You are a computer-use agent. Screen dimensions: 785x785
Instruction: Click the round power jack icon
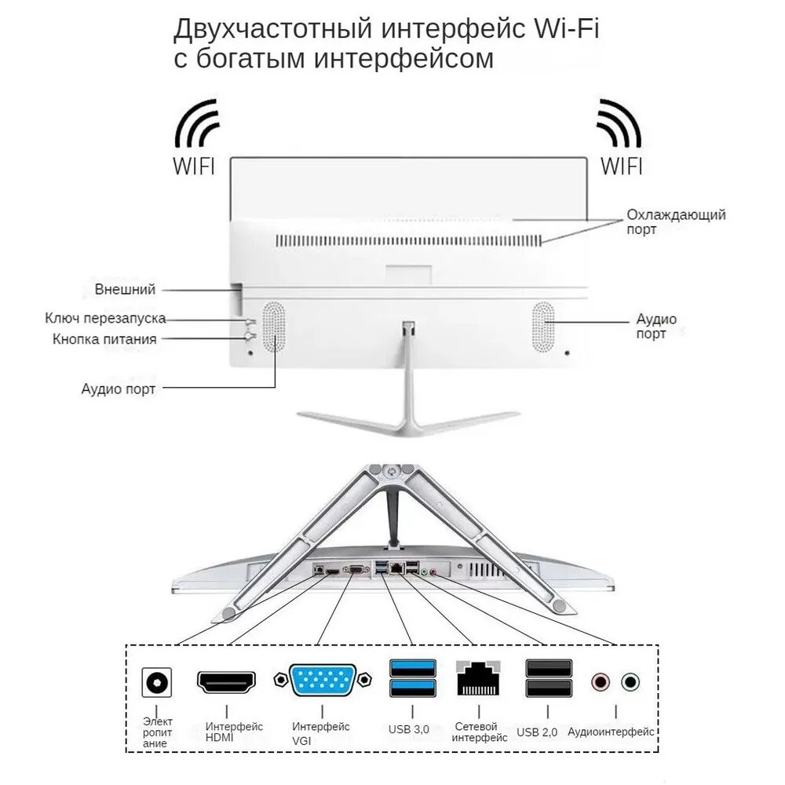[x=156, y=683]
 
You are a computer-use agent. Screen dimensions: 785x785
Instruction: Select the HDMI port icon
[x=226, y=681]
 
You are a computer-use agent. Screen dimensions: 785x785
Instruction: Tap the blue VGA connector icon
[x=322, y=680]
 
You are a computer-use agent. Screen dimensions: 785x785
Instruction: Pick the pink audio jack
[x=601, y=681]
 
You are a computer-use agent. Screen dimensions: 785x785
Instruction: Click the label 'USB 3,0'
[x=409, y=729]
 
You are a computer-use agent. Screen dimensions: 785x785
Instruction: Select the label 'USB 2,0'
[x=537, y=732]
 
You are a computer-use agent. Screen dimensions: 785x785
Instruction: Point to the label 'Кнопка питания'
[x=104, y=339]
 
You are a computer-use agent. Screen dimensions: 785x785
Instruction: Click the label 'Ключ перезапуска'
[x=105, y=318]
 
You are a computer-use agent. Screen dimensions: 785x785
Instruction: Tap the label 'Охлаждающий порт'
[x=675, y=221]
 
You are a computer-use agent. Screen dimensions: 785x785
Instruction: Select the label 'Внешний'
[x=125, y=289]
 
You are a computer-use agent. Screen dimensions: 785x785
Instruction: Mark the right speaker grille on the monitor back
[x=542, y=327]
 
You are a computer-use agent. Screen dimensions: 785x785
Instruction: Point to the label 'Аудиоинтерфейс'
[x=611, y=731]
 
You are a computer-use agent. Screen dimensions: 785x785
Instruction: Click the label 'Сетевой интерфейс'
[x=480, y=732]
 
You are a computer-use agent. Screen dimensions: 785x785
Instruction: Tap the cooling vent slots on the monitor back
[x=408, y=240]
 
